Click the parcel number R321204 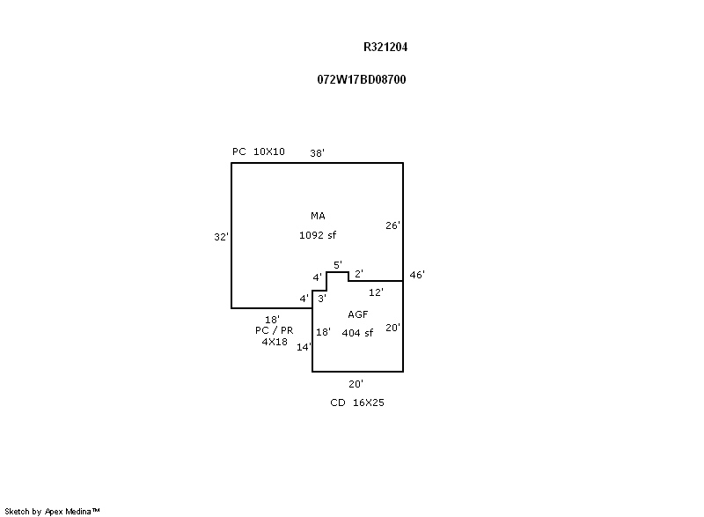click(x=385, y=48)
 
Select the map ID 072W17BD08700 click(x=361, y=79)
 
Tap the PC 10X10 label click(x=258, y=151)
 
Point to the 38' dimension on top click(x=317, y=153)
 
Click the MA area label click(x=318, y=216)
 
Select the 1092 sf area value click(x=318, y=235)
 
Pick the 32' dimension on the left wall click(x=221, y=237)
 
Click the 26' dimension click(x=392, y=225)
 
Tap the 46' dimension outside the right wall click(x=417, y=275)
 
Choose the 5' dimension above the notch click(x=337, y=264)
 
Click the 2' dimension click(x=359, y=274)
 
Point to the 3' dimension click(x=322, y=299)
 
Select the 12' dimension click(x=376, y=292)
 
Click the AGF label click(x=357, y=314)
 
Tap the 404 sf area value click(x=357, y=333)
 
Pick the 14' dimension click(x=304, y=347)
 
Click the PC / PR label click(x=274, y=330)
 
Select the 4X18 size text click(x=274, y=342)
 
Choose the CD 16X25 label click(x=356, y=403)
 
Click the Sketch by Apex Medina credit click(x=53, y=511)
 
